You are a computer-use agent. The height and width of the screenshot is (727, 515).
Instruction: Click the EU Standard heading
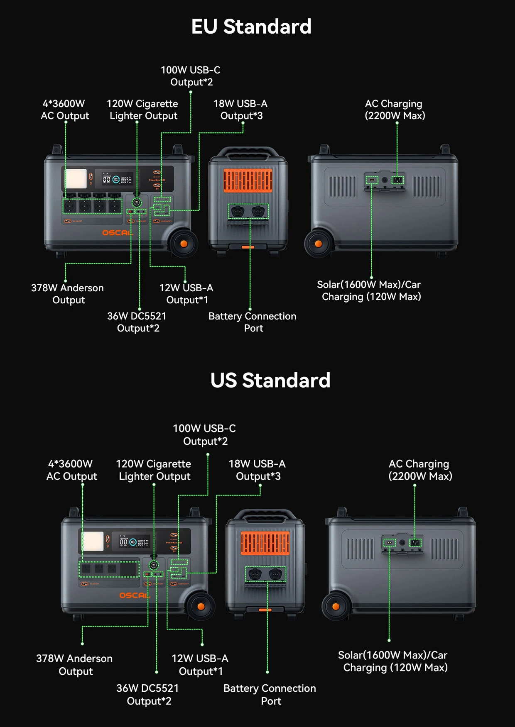(x=251, y=27)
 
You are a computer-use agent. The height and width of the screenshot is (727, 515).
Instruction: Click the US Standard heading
(x=270, y=380)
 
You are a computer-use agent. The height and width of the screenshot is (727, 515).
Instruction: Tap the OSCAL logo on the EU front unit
(x=117, y=233)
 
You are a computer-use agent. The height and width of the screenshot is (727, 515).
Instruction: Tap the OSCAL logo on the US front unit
(x=134, y=595)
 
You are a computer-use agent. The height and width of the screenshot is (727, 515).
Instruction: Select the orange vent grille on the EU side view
(x=248, y=181)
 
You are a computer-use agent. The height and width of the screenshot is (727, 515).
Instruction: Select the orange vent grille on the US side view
(x=265, y=543)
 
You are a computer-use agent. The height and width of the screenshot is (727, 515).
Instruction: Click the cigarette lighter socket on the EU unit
(x=137, y=202)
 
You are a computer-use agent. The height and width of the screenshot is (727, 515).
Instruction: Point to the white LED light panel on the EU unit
(x=76, y=179)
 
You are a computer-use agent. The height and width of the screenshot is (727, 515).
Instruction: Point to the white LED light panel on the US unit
(x=93, y=541)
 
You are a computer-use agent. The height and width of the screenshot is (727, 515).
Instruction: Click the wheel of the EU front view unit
(x=184, y=244)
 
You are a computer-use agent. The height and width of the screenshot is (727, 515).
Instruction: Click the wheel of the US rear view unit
(x=336, y=606)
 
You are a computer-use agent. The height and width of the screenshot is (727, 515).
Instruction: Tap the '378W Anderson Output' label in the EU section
(x=68, y=294)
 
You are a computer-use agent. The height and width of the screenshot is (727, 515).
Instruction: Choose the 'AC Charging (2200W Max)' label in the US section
(x=420, y=470)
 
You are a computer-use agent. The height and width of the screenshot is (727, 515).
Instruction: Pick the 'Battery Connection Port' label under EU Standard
(x=253, y=322)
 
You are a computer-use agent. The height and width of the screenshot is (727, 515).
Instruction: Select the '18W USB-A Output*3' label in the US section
(x=257, y=470)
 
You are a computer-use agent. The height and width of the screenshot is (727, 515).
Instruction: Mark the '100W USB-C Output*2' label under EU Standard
(x=191, y=76)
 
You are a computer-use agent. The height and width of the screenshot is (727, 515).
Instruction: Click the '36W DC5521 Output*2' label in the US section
(x=148, y=695)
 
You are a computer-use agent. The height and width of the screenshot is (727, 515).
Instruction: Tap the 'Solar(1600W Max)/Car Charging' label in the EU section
(x=369, y=290)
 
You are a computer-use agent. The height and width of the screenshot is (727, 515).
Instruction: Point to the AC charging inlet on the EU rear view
(x=398, y=180)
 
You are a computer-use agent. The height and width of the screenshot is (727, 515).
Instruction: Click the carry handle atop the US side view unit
(x=265, y=515)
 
